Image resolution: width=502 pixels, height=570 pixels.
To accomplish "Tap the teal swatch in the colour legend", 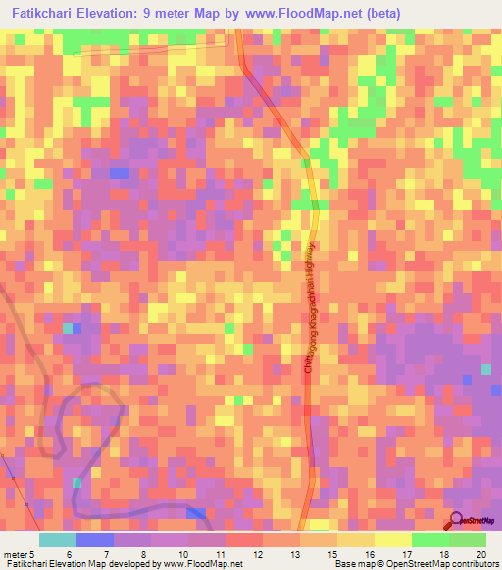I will (x=58, y=540).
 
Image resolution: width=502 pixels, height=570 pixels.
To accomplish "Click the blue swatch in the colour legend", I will (x=95, y=540).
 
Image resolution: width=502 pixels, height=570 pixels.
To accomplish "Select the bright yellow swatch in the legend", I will (x=393, y=540).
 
